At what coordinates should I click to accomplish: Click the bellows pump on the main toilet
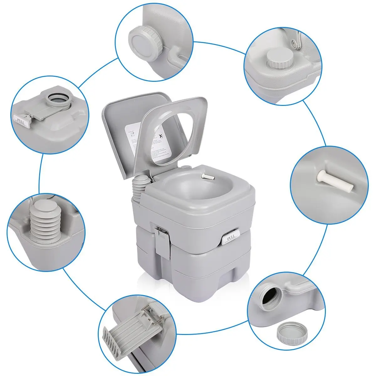click(x=139, y=188)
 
